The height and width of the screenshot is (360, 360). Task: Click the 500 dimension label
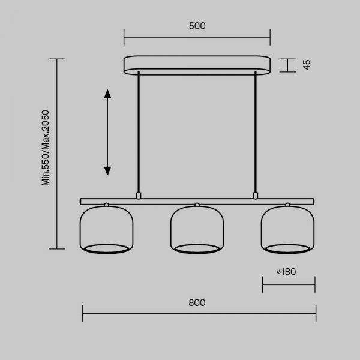click(197, 26)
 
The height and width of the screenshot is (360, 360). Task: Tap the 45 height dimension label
click(306, 65)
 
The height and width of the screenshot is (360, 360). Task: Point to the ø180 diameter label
click(287, 272)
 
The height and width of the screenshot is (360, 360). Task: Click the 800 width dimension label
click(197, 302)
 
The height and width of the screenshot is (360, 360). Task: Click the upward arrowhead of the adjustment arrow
click(107, 94)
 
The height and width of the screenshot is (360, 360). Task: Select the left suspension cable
click(139, 132)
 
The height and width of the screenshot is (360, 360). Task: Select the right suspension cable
click(256, 132)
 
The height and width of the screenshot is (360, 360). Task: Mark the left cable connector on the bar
click(139, 196)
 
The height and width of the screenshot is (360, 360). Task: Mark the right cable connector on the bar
click(256, 196)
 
